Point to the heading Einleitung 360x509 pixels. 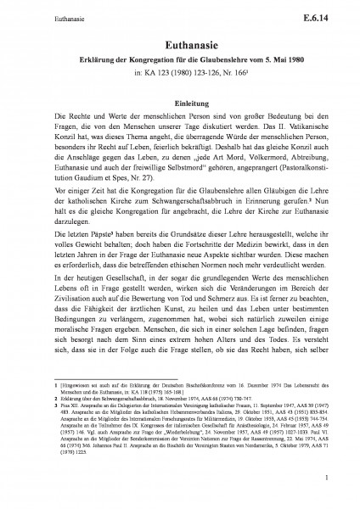179,99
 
